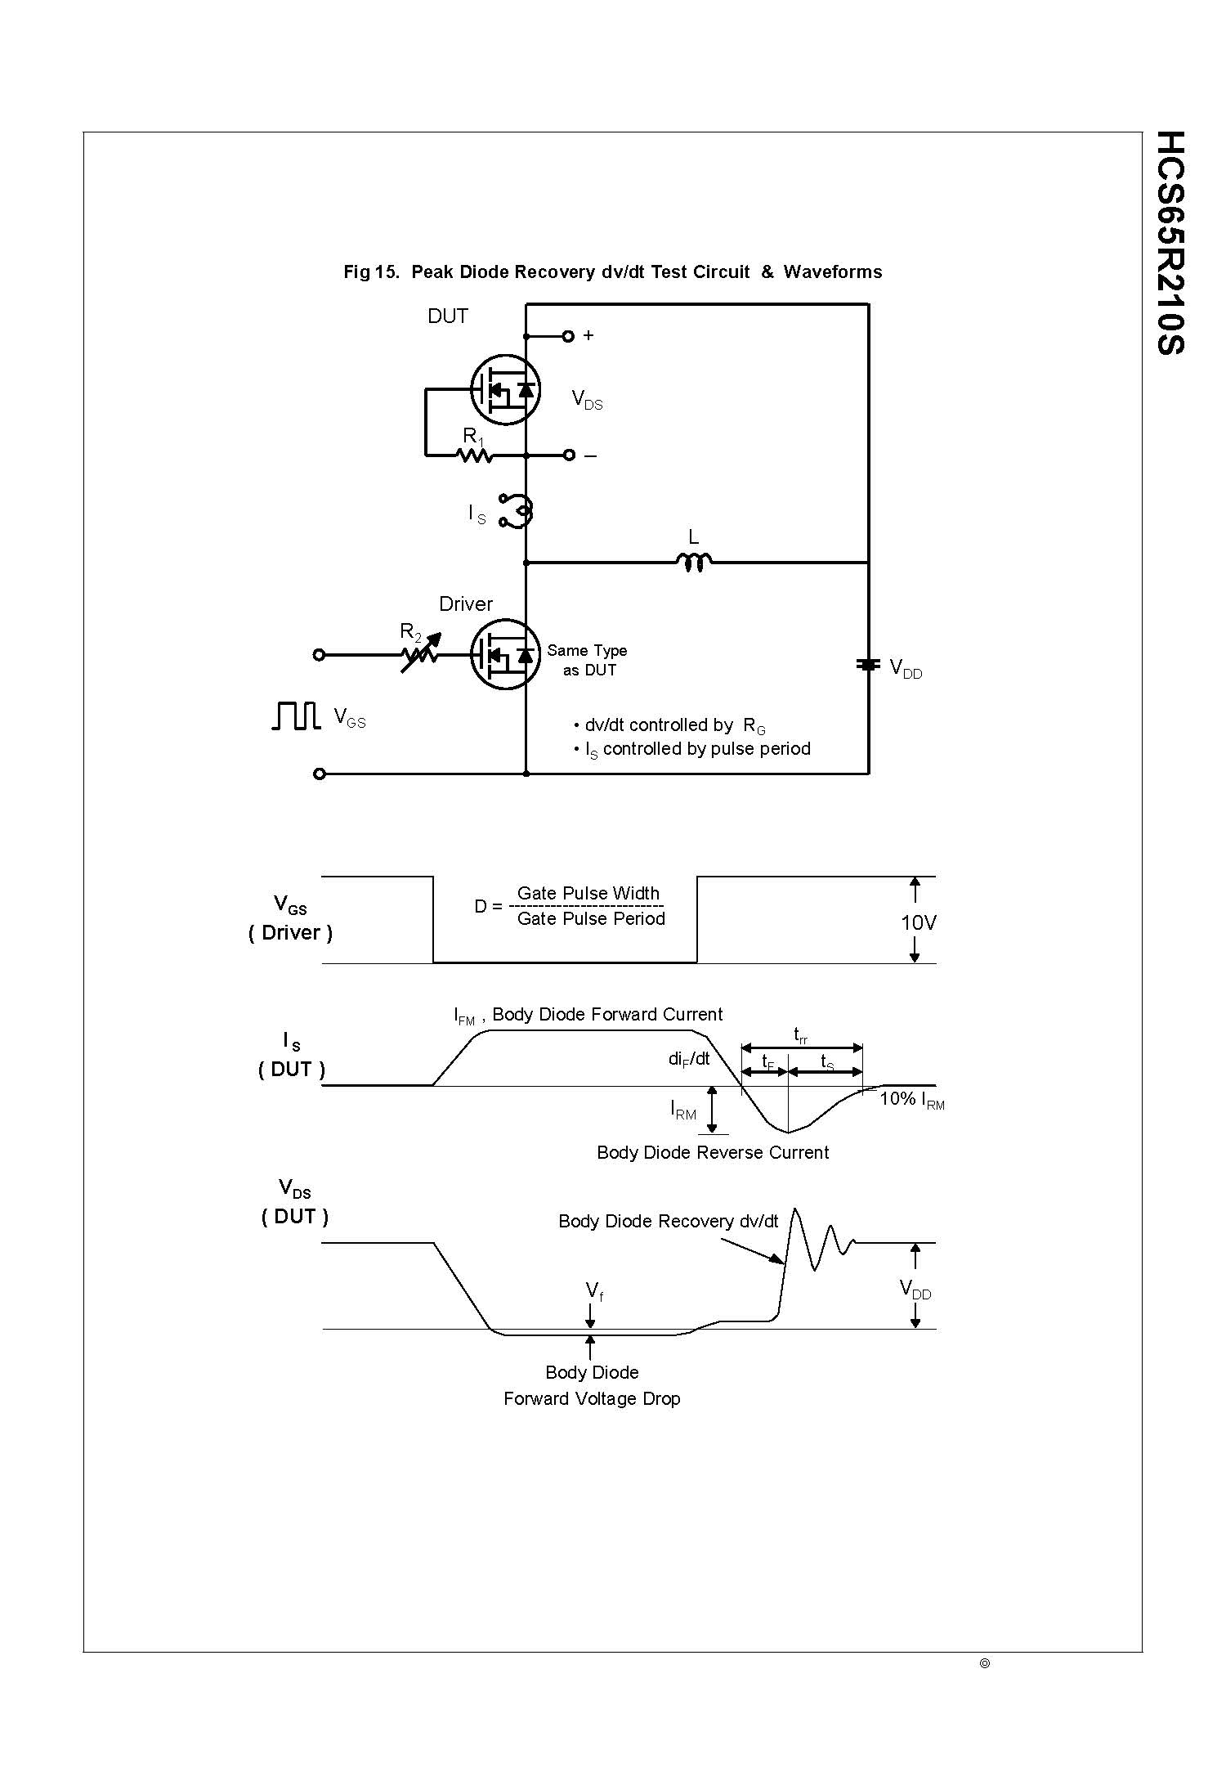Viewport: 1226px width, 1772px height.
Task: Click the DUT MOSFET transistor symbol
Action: point(505,389)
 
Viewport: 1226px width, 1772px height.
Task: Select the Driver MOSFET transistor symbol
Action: point(505,654)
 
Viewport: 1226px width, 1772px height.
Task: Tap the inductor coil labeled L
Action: point(694,562)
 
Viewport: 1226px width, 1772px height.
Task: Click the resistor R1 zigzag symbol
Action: point(475,455)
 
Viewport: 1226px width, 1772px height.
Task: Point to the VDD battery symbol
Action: point(868,665)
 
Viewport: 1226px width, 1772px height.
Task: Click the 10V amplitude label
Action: point(918,922)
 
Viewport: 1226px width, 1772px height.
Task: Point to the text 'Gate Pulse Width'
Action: point(588,893)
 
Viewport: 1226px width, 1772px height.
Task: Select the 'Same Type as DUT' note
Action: point(588,660)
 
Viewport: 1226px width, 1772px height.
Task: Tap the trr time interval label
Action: point(801,1035)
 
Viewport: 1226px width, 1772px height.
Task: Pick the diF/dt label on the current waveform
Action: point(689,1059)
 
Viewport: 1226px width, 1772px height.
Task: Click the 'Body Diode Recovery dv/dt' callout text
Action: point(668,1221)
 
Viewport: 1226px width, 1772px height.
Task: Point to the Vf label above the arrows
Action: point(594,1291)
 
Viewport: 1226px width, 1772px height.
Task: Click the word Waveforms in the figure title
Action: point(832,272)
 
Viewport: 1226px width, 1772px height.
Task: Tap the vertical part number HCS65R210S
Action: point(1170,242)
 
